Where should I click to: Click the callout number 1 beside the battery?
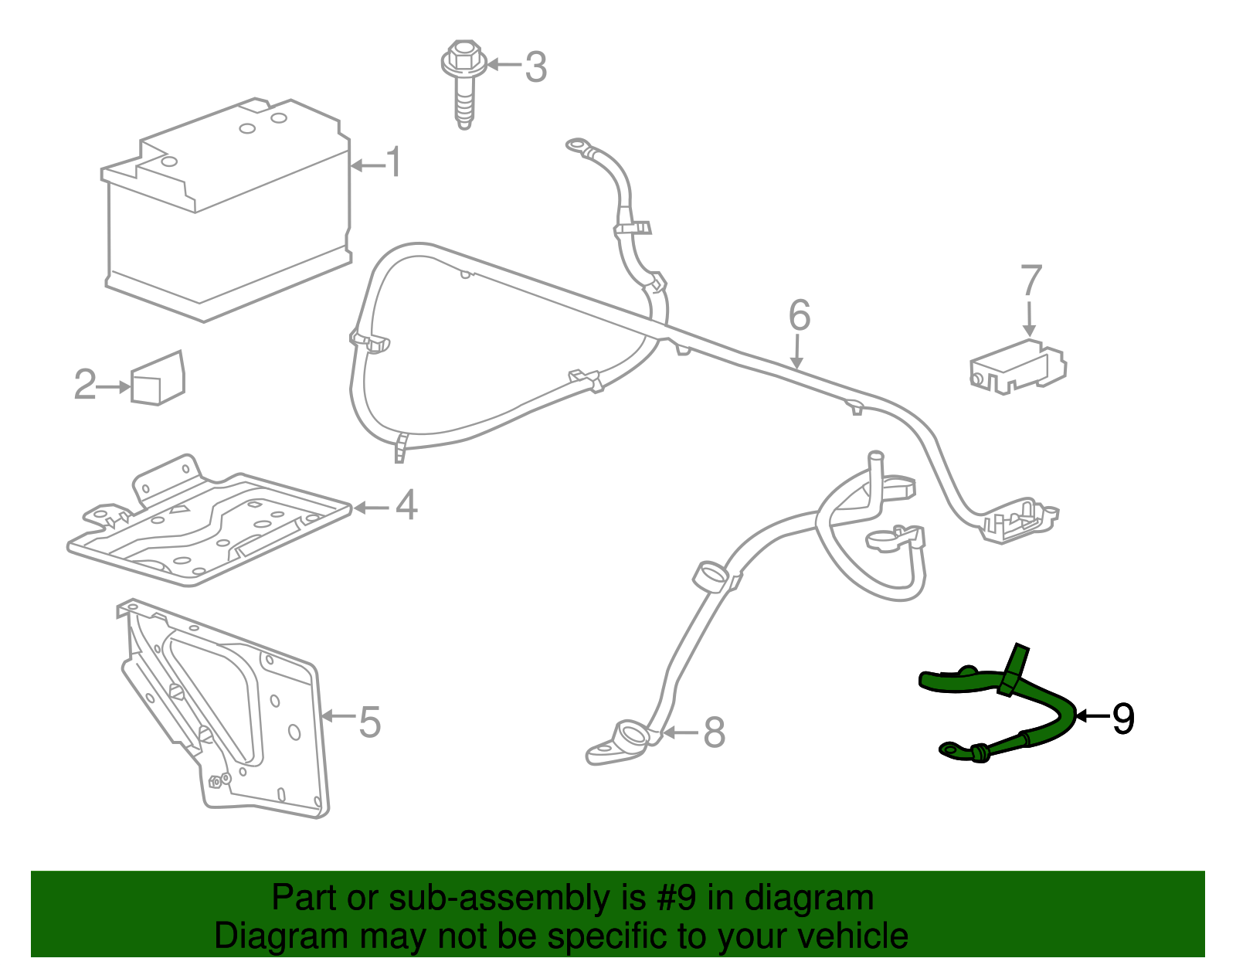pos(394,163)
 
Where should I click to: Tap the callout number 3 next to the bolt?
pos(535,67)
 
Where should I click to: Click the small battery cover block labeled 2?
pos(158,378)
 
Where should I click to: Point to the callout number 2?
pos(85,385)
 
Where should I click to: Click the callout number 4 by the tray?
pos(406,506)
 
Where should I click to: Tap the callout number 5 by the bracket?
pos(370,722)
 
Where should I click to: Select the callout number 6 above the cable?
pos(800,315)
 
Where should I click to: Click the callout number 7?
pos(1031,280)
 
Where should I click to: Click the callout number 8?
pos(714,732)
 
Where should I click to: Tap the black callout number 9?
pos(1122,719)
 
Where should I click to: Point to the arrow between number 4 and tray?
pos(371,508)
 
